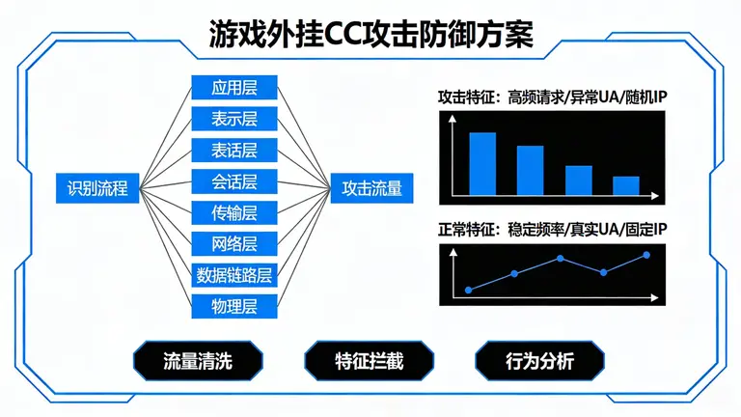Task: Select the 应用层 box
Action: click(234, 89)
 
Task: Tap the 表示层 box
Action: click(234, 120)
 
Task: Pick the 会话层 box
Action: click(234, 181)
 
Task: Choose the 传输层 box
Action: click(234, 212)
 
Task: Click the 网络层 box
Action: click(234, 243)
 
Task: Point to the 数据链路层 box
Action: click(234, 275)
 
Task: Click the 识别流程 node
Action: click(97, 187)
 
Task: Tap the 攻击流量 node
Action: click(371, 187)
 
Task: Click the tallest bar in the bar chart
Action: click(482, 164)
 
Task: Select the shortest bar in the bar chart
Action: click(626, 186)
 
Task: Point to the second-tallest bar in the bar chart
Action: click(530, 171)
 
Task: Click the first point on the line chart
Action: click(468, 290)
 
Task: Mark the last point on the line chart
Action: click(646, 255)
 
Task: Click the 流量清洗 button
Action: click(198, 362)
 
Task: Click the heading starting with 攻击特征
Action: click(553, 97)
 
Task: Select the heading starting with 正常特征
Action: click(553, 231)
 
